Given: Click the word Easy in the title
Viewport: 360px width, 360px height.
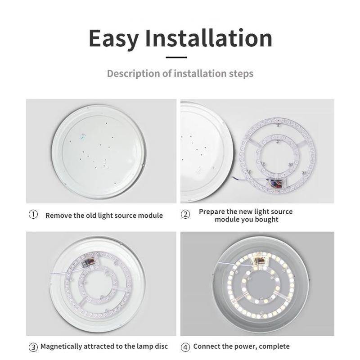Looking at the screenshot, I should click(115, 39).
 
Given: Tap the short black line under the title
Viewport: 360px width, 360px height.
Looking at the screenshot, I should click(176, 57).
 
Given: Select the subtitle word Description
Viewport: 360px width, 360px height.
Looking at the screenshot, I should click(133, 73).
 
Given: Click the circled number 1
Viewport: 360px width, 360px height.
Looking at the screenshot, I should click(33, 215).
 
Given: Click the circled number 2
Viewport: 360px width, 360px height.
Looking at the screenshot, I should click(185, 215).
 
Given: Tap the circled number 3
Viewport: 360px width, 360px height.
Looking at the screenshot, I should click(33, 346).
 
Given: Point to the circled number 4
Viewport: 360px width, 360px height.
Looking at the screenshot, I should click(185, 346).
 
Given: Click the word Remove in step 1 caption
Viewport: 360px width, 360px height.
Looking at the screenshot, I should click(58, 216).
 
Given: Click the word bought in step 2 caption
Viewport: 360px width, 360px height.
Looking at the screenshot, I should click(266, 220).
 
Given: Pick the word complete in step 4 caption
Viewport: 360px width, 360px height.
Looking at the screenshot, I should click(274, 346).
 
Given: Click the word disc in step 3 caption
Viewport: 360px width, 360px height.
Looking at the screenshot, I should click(160, 346).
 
